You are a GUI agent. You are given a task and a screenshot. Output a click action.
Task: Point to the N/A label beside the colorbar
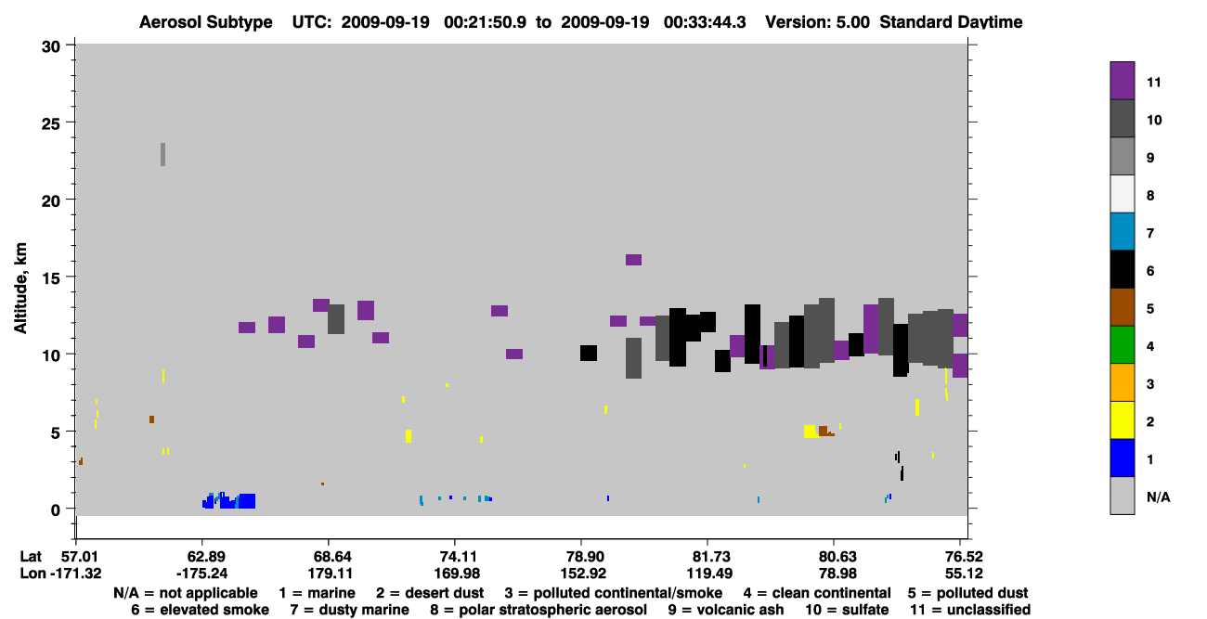[1158, 496]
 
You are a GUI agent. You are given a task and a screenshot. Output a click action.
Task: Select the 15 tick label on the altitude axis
[51, 278]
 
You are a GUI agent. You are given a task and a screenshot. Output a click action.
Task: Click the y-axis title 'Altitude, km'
[19, 289]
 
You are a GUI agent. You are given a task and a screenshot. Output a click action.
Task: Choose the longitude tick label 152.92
[583, 574]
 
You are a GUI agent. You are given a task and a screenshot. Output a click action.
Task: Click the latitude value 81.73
[709, 557]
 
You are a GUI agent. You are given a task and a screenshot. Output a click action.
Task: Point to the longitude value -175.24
[202, 574]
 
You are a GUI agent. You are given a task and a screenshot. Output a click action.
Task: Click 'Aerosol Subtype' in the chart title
[206, 22]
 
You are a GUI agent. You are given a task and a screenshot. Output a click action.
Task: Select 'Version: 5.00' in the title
[817, 22]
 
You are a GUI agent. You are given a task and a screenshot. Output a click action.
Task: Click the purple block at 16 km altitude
[633, 260]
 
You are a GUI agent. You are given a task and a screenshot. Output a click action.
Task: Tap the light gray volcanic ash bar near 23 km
[162, 155]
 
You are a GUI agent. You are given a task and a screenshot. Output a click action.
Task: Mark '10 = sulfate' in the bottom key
[847, 610]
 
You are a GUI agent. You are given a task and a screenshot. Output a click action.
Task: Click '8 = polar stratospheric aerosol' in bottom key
[539, 610]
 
